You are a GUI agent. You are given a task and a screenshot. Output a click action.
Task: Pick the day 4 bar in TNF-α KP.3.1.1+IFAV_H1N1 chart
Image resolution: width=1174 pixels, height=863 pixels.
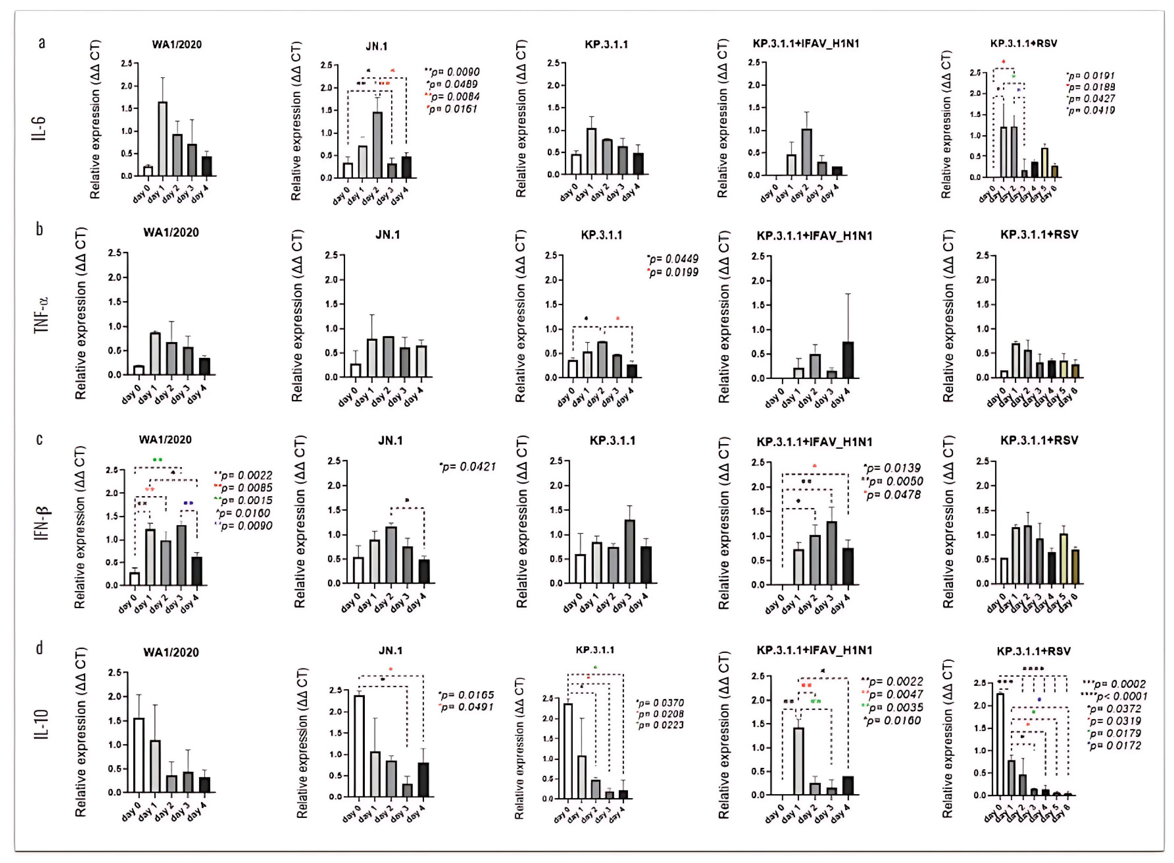pyautogui.click(x=848, y=360)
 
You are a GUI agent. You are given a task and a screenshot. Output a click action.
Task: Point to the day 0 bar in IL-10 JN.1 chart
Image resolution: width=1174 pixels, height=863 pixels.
pyautogui.click(x=359, y=746)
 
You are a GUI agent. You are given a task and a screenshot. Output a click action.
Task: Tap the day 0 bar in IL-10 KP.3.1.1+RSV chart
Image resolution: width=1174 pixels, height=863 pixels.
pyautogui.click(x=1000, y=744)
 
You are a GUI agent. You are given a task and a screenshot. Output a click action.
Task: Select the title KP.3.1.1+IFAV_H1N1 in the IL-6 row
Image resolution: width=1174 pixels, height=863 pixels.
pyautogui.click(x=806, y=44)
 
